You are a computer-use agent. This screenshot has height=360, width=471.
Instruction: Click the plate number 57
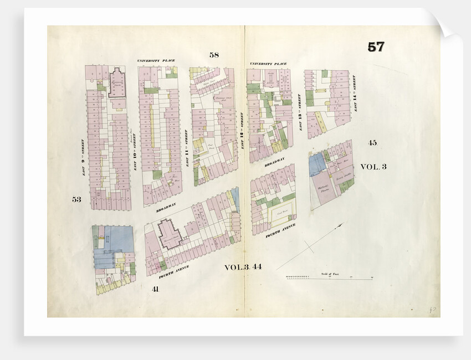376,47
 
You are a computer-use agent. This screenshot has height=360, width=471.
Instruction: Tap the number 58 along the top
214,54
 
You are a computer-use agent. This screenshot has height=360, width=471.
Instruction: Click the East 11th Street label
186,147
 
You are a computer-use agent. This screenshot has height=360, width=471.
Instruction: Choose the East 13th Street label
299,112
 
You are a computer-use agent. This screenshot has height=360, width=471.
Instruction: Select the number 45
372,143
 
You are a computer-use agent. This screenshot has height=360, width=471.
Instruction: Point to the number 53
76,199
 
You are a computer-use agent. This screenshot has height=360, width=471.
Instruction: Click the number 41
155,289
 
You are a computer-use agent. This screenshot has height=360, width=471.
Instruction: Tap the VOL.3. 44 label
243,267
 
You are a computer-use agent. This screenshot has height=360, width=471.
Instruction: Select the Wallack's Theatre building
324,189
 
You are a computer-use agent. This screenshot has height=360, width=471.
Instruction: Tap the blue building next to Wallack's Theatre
318,164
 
